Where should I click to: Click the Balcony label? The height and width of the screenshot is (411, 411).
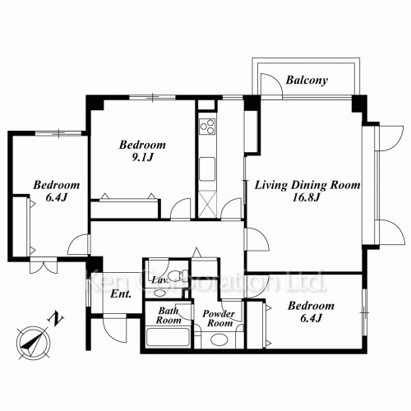coord(307,81)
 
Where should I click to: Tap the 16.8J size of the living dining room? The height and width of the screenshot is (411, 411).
coord(306,197)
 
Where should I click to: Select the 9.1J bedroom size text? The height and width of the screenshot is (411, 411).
coord(142,157)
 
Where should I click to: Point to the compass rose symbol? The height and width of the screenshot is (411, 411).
coord(34,343)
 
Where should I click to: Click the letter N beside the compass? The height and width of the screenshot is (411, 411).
coord(56,319)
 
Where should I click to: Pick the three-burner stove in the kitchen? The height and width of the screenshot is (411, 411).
coord(207,127)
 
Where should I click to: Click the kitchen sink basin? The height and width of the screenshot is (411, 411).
coord(207,169)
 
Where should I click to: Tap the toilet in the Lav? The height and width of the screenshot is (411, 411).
coord(177,275)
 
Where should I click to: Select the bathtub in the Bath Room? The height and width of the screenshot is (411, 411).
coord(168,337)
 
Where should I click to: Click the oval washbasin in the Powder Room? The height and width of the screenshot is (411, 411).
coord(219,339)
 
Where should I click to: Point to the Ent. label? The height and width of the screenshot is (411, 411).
coord(121,294)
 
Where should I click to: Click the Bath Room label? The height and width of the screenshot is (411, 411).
coord(169,316)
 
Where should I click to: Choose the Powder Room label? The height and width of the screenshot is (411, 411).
coord(219,318)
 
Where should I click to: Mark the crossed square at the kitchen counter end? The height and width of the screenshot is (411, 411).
coord(207,205)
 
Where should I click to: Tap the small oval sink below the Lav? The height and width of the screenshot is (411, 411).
coord(158,293)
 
